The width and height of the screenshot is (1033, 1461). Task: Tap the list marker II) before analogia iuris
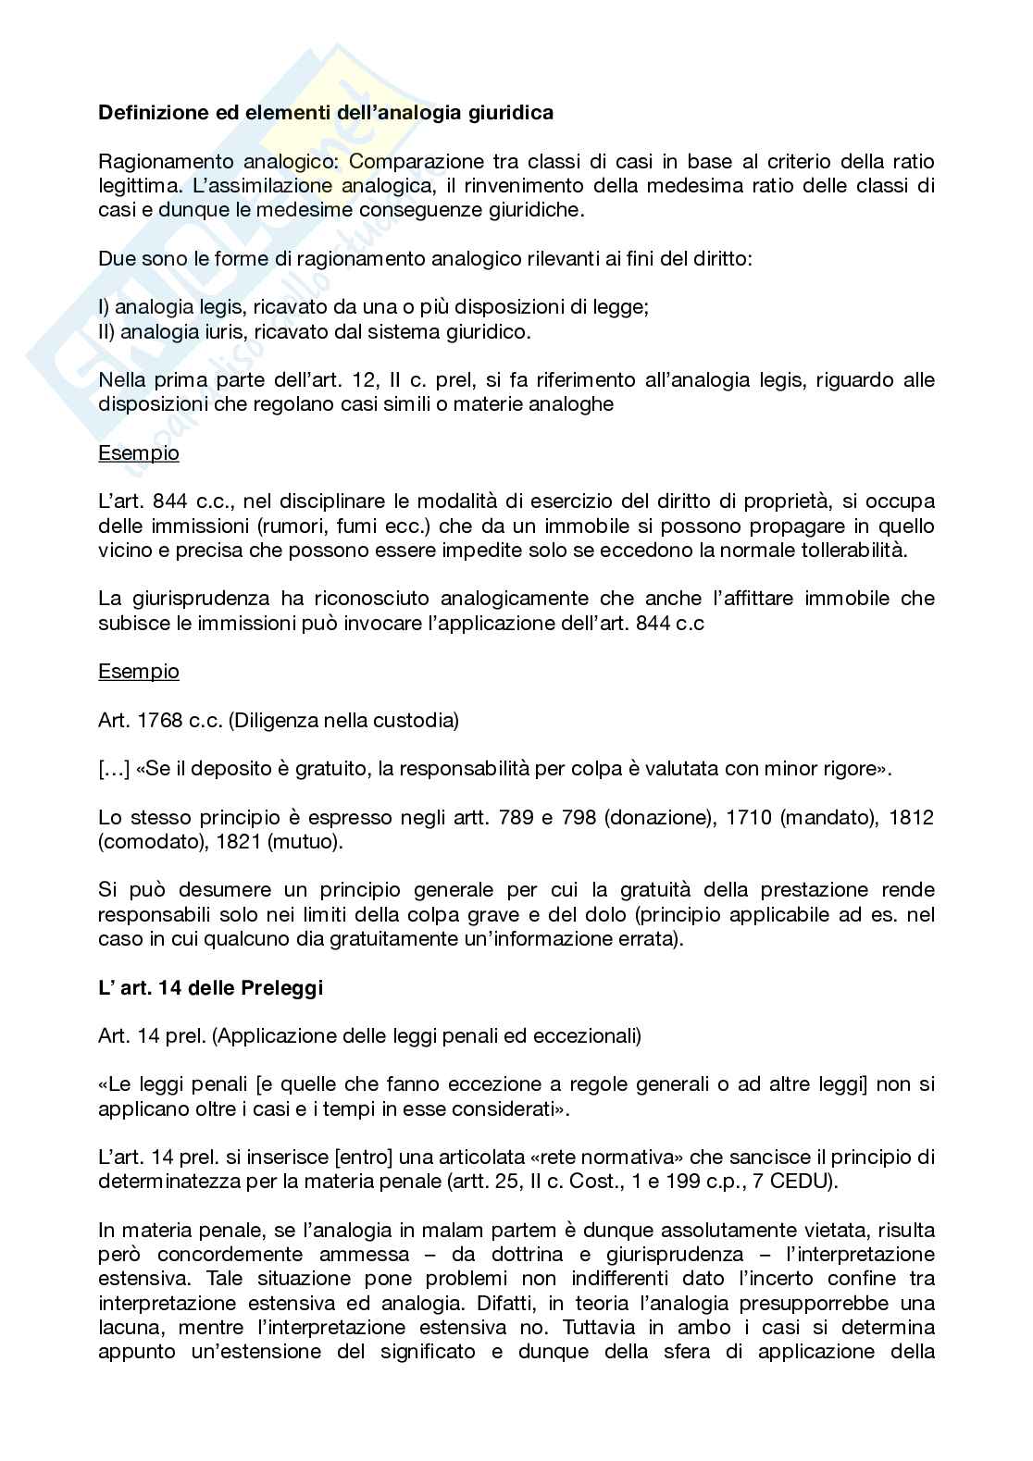tap(106, 331)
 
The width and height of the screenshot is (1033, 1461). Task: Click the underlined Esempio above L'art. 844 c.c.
tap(139, 453)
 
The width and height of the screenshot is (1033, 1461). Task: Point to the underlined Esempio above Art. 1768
tap(139, 671)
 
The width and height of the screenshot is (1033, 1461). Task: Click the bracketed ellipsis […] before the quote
tap(114, 768)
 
